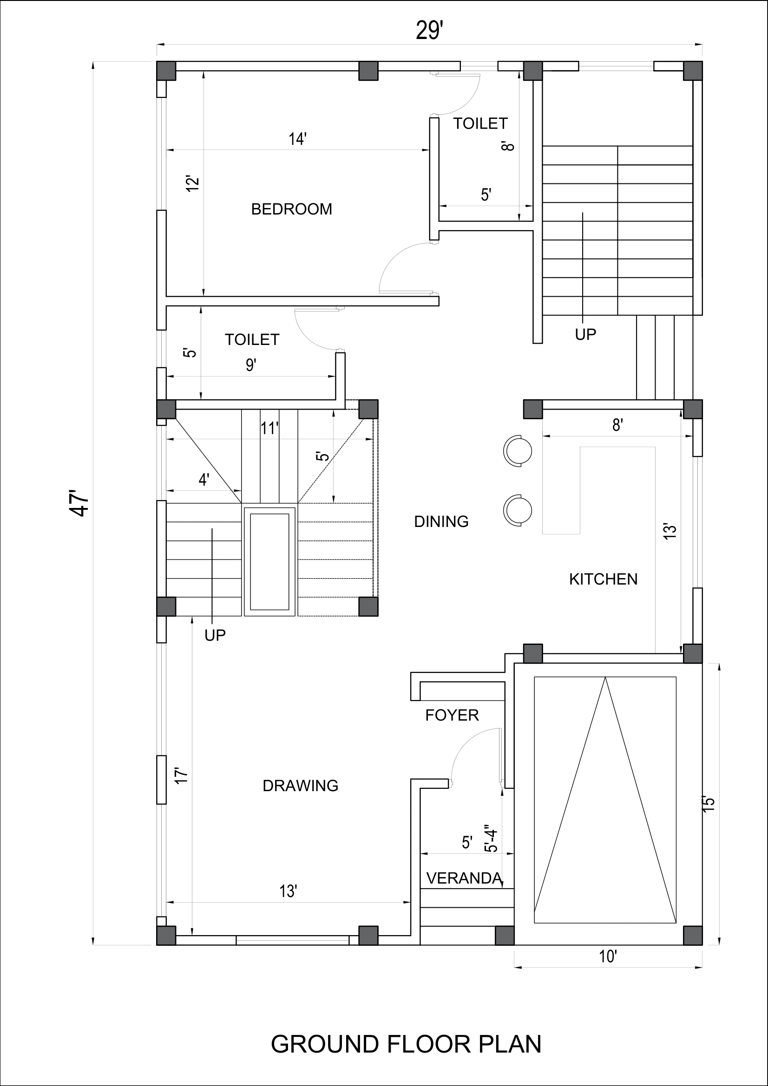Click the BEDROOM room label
point(291,209)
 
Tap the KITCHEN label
point(603,579)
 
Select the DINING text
point(441,522)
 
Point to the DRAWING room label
point(300,786)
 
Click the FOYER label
point(452,715)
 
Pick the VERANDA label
point(464,878)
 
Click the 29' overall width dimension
point(429,32)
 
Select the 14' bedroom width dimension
point(298,140)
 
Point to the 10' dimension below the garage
point(608,957)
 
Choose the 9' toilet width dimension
point(251,365)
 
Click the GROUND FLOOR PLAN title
point(406,1044)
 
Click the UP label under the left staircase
point(215,636)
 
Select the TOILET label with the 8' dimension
point(480,124)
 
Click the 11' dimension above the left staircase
point(270,429)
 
